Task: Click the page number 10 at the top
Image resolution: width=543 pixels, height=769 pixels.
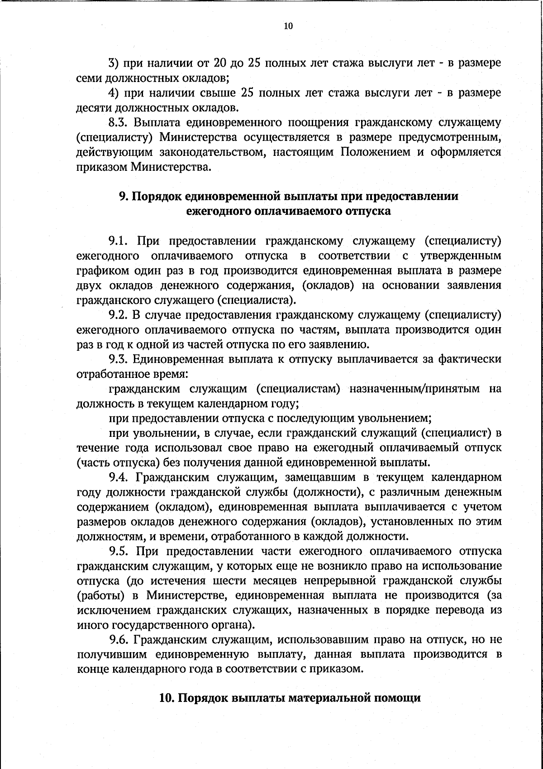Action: (x=288, y=26)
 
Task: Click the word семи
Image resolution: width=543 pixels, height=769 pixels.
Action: (x=87, y=78)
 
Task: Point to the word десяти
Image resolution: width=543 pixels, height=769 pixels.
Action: (x=92, y=108)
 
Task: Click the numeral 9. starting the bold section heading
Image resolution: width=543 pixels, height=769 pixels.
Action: (x=124, y=196)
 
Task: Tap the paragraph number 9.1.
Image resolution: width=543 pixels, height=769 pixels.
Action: (x=118, y=241)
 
